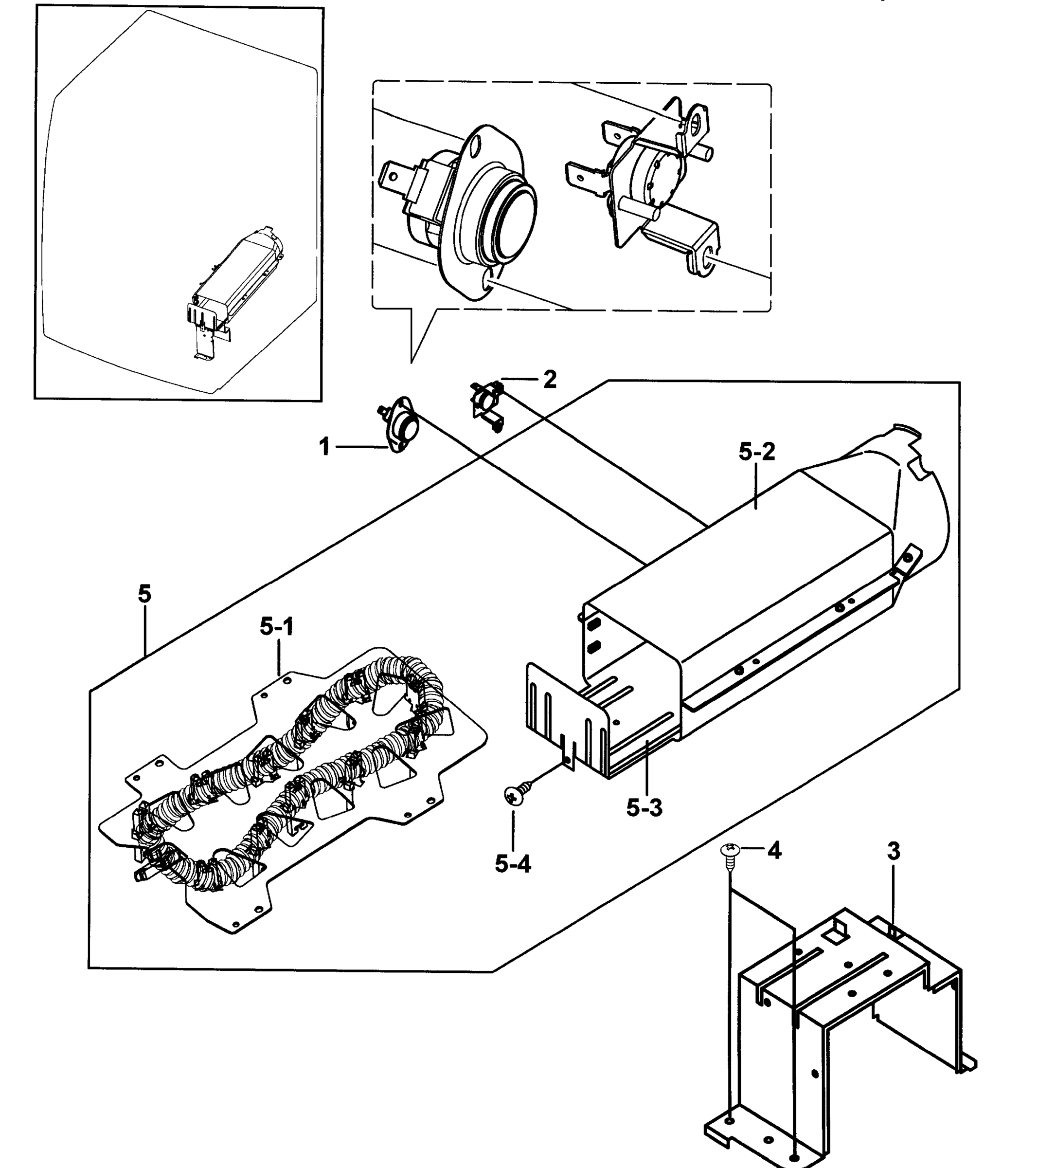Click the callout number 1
pyautogui.click(x=324, y=446)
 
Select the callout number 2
pyautogui.click(x=549, y=380)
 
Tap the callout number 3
pyautogui.click(x=894, y=867)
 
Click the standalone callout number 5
pyautogui.click(x=144, y=594)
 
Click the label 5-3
pyautogui.click(x=644, y=808)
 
